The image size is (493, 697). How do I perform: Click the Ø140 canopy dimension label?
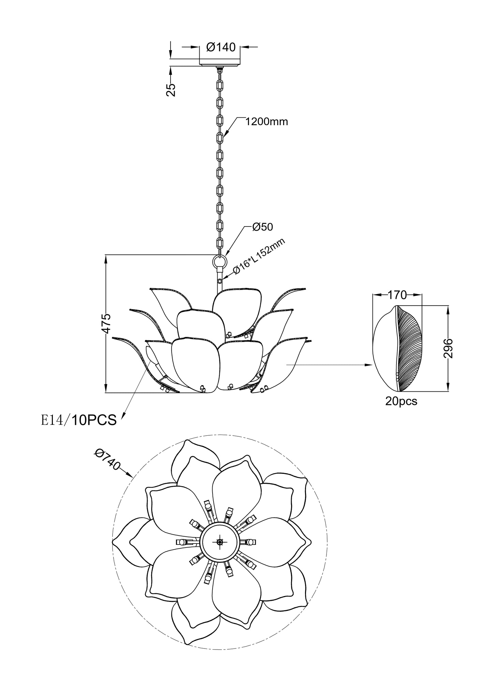point(221,47)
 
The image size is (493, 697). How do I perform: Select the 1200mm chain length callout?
point(267,121)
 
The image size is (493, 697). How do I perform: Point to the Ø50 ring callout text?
point(263,227)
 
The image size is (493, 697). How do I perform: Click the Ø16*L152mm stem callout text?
point(259,256)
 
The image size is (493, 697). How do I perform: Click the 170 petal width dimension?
point(397,295)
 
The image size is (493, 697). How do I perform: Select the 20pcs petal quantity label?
point(401,401)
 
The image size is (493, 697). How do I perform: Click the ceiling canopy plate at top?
point(220,63)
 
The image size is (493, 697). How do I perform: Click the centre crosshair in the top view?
point(219,542)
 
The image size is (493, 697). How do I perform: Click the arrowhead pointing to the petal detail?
point(369,365)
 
